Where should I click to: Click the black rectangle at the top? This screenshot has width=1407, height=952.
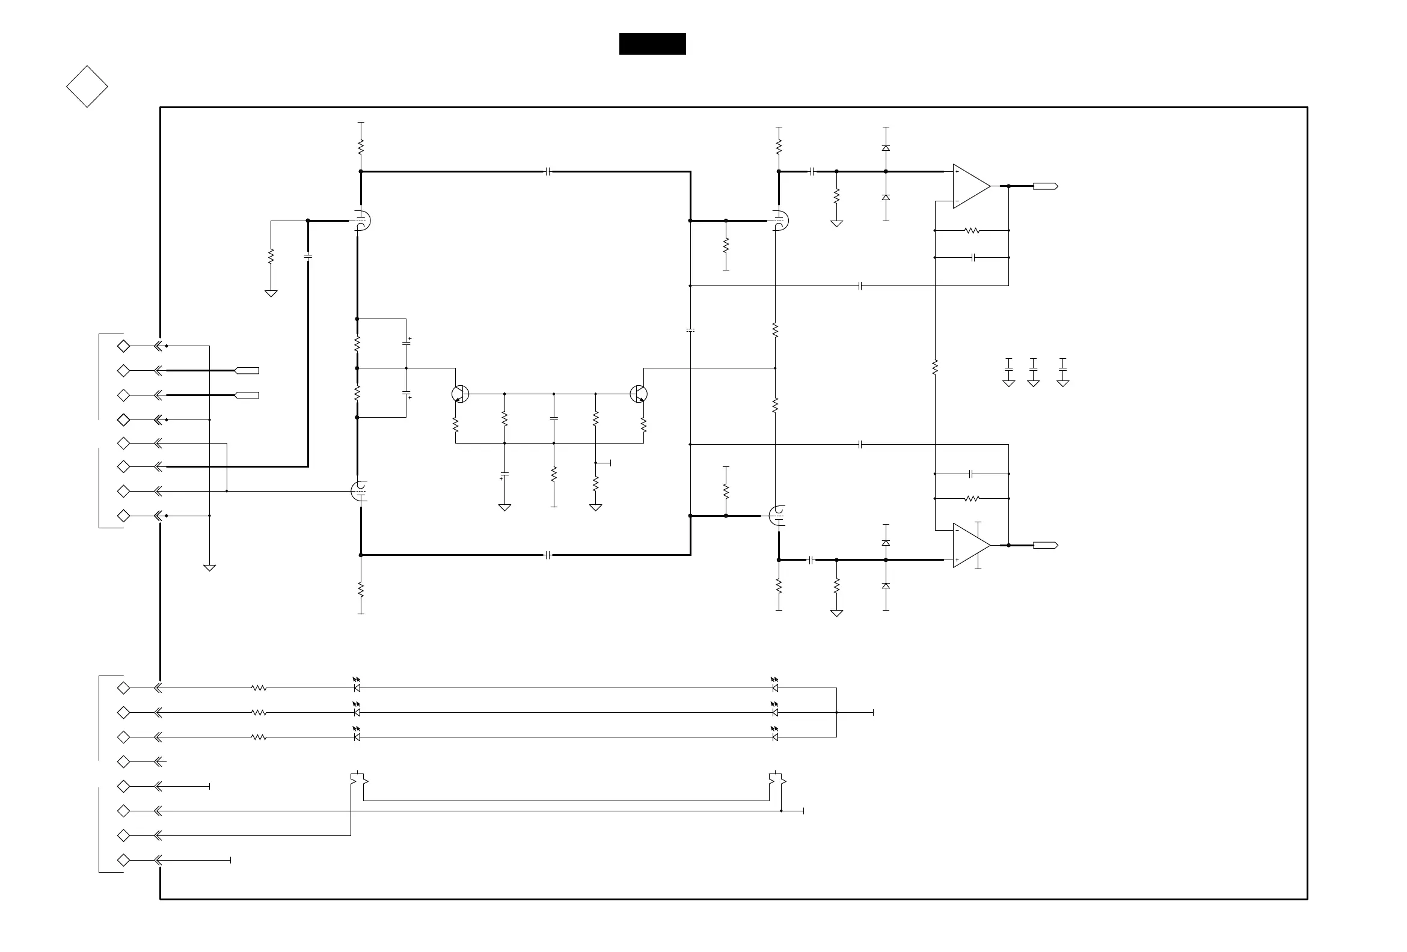click(x=652, y=44)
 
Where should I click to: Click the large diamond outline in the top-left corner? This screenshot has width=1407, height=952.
click(x=87, y=87)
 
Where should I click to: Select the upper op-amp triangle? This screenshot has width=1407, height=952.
click(x=970, y=186)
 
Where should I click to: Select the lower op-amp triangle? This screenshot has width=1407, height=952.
click(x=970, y=545)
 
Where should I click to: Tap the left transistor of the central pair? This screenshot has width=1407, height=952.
click(x=460, y=394)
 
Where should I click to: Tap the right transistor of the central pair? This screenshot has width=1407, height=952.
click(x=639, y=394)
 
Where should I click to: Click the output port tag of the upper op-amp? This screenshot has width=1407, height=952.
click(x=1045, y=186)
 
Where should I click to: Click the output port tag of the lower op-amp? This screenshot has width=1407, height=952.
click(x=1045, y=545)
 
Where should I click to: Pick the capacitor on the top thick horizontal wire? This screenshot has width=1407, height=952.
click(x=548, y=172)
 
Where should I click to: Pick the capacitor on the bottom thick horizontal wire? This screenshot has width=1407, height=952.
click(x=548, y=555)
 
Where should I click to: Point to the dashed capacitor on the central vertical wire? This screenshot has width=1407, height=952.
click(x=690, y=331)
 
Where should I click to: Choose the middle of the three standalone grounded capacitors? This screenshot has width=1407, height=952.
click(x=1034, y=368)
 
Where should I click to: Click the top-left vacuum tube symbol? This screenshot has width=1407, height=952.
click(x=361, y=221)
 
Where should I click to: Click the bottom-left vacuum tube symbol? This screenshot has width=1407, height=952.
click(x=360, y=490)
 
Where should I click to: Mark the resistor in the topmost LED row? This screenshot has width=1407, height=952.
click(x=259, y=688)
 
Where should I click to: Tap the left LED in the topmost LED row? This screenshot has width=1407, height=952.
click(x=357, y=687)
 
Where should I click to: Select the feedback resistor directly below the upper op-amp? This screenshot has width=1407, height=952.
click(x=972, y=231)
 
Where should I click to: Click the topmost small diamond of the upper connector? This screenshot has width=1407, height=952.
click(x=123, y=346)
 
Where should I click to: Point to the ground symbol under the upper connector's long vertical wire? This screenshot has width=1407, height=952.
click(x=209, y=568)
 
